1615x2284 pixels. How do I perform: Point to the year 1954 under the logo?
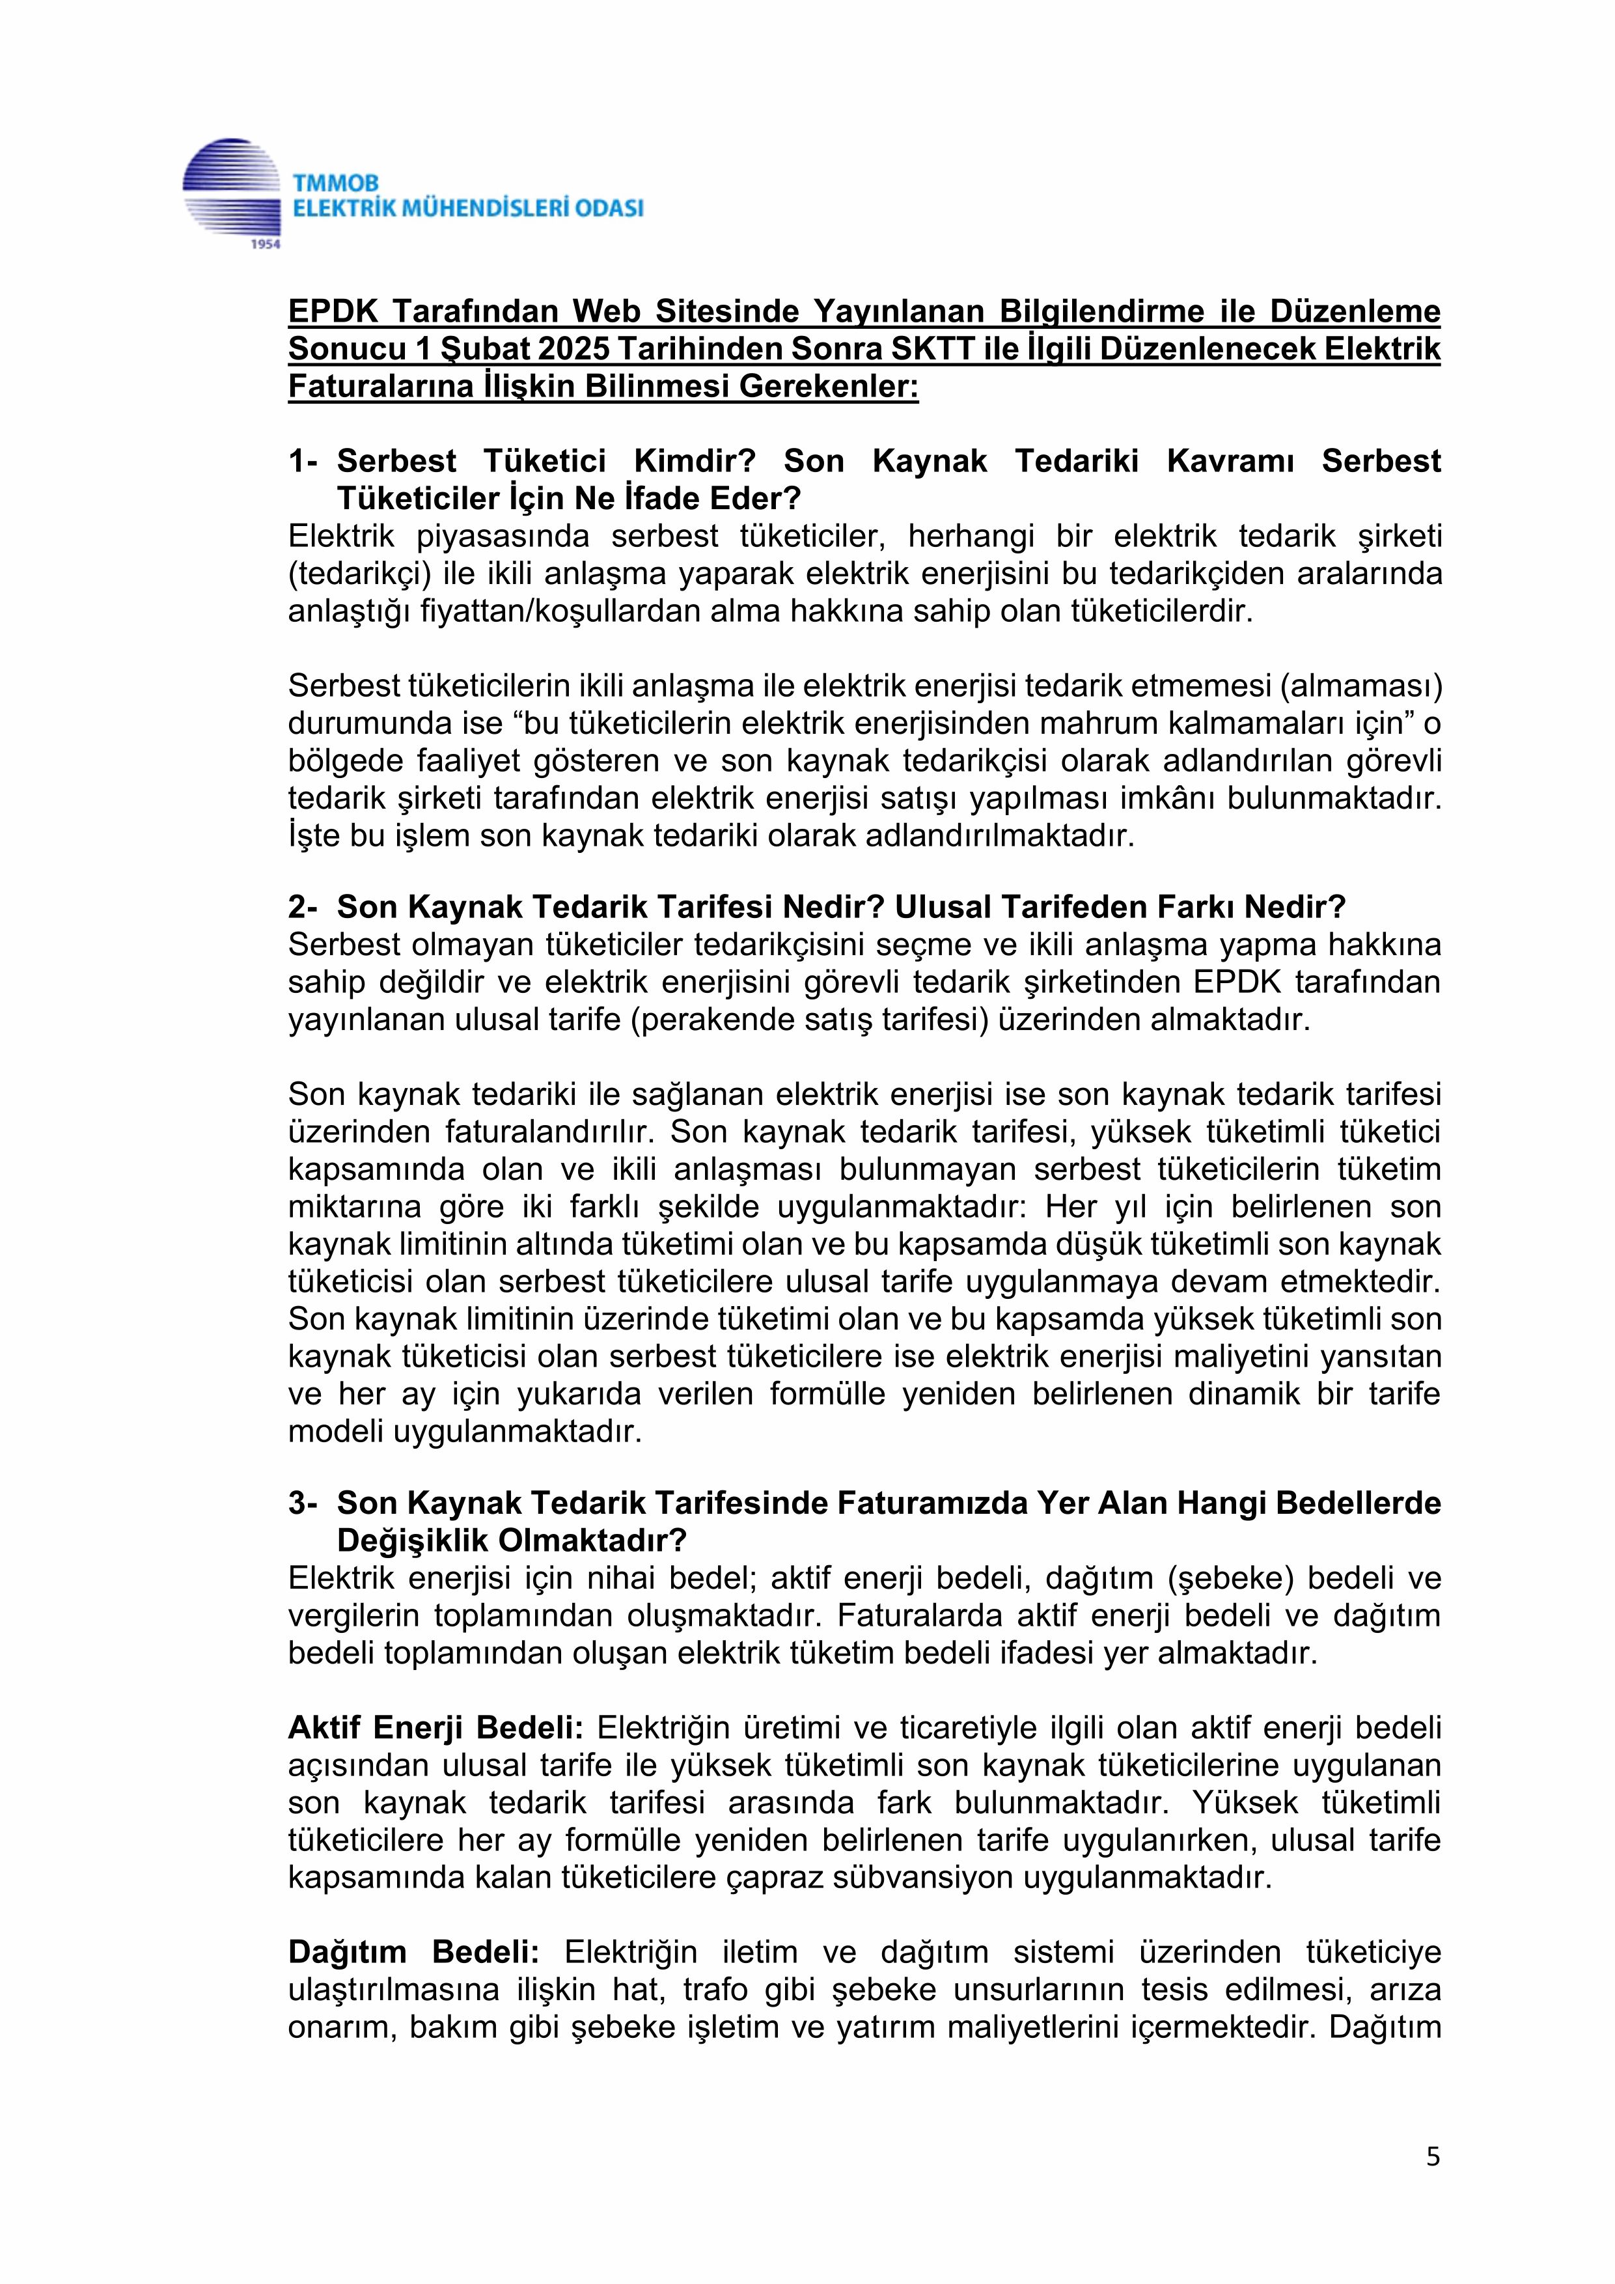pyautogui.click(x=266, y=244)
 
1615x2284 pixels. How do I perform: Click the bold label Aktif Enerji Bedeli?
pyautogui.click(x=435, y=1728)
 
